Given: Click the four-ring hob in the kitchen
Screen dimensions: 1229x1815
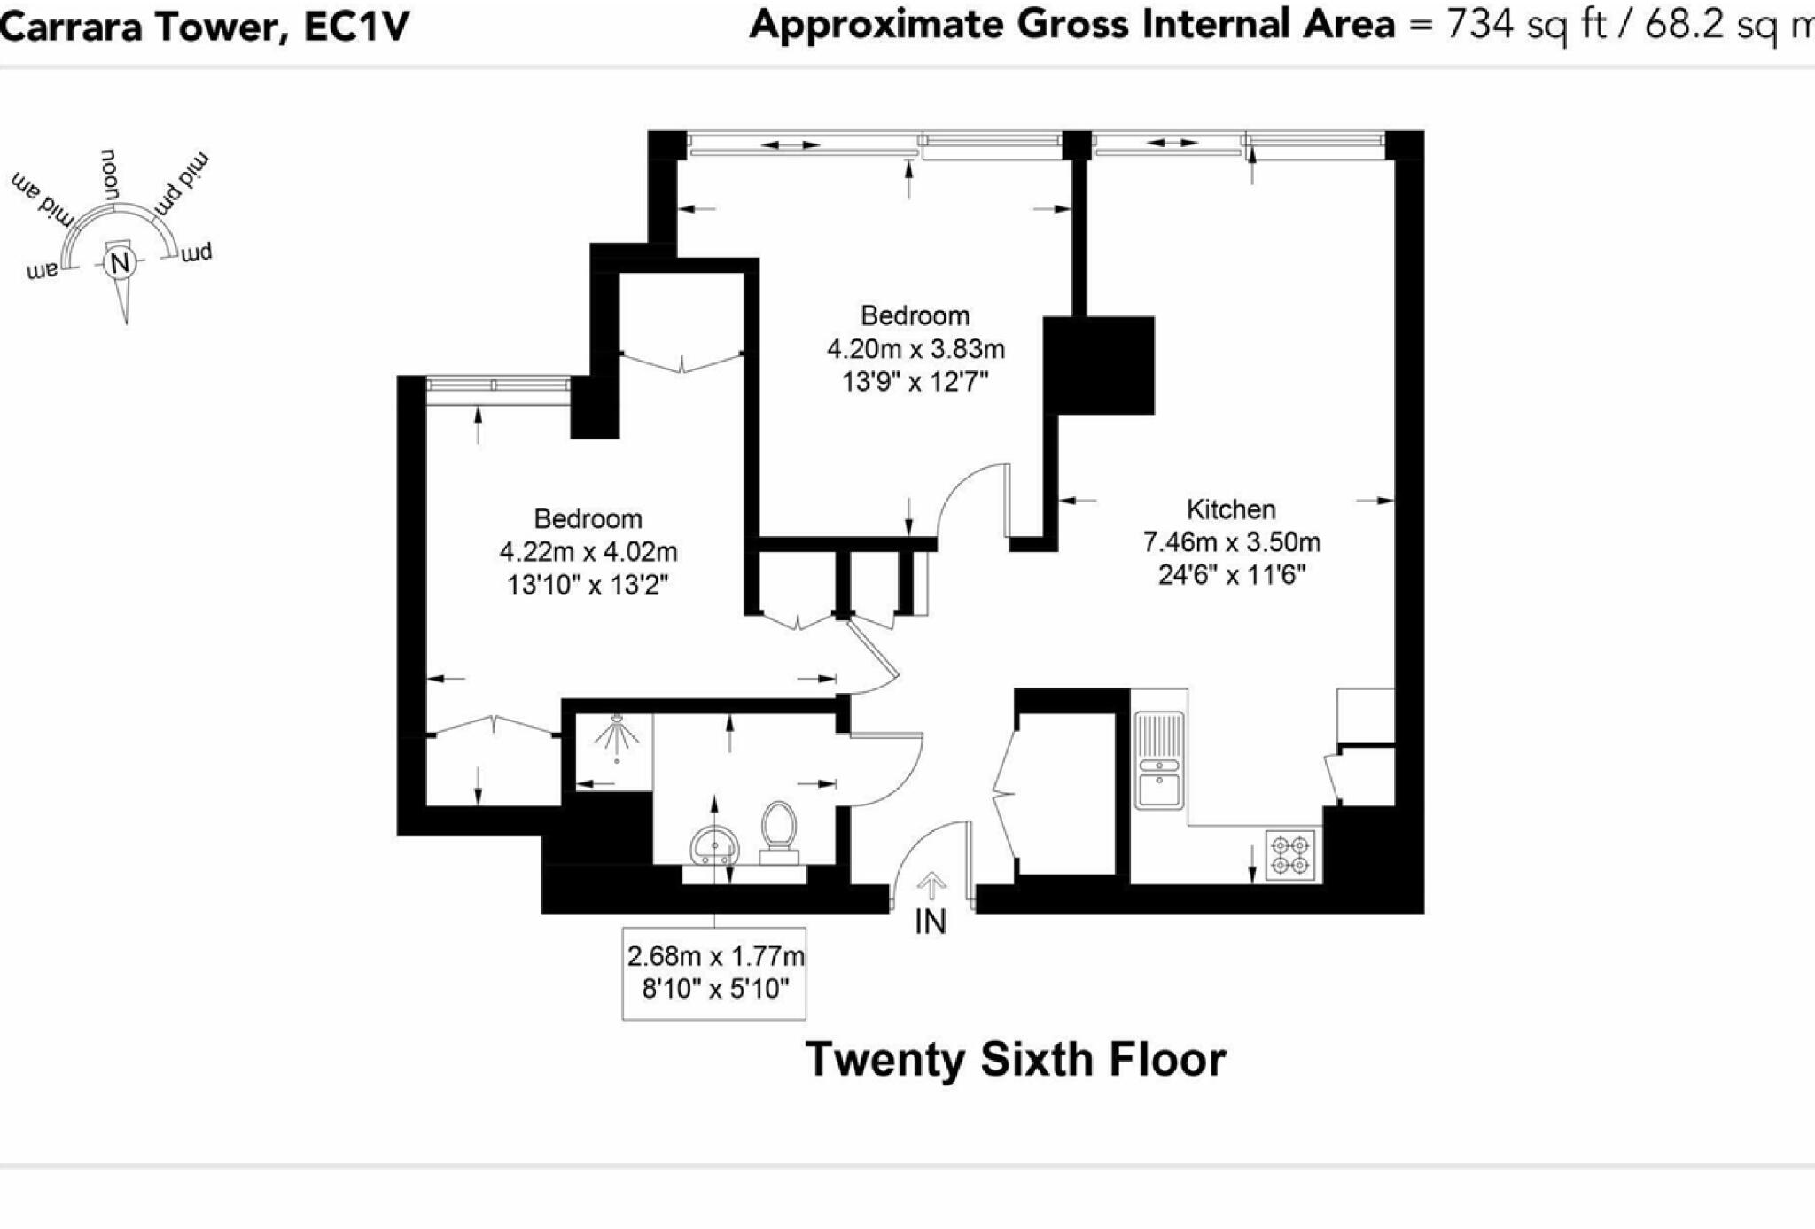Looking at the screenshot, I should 1289,854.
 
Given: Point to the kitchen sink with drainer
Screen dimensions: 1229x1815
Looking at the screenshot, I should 1159,759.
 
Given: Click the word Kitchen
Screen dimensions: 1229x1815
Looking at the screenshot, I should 1230,509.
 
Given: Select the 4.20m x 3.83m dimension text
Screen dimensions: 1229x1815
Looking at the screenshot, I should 915,349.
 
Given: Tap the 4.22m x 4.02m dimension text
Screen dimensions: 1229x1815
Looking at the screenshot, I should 588,552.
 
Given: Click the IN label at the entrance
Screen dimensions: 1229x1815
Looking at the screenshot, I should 931,922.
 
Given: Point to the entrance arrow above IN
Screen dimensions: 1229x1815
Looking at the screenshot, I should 931,885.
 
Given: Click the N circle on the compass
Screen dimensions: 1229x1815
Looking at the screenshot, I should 119,263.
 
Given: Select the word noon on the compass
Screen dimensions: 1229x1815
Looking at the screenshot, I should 110,174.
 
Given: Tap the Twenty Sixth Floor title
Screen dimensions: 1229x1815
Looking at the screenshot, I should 1016,1059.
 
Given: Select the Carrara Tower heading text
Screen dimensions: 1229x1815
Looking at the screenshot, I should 204,26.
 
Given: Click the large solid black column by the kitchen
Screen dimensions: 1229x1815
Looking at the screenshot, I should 1099,365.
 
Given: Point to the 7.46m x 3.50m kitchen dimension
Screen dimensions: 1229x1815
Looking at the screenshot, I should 1231,542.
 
